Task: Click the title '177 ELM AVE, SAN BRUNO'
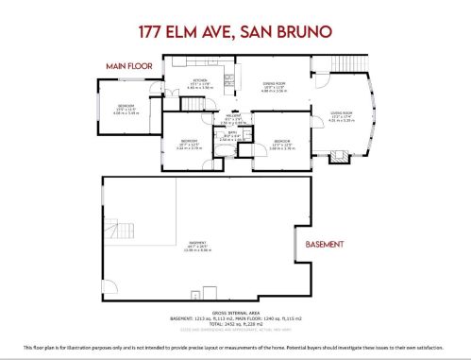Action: click(235, 31)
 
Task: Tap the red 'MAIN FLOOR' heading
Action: click(128, 65)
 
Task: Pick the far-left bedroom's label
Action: click(126, 109)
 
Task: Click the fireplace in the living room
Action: click(338, 155)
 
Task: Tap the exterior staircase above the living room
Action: click(348, 72)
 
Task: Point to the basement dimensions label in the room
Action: click(185, 249)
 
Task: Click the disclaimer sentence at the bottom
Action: click(235, 350)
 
